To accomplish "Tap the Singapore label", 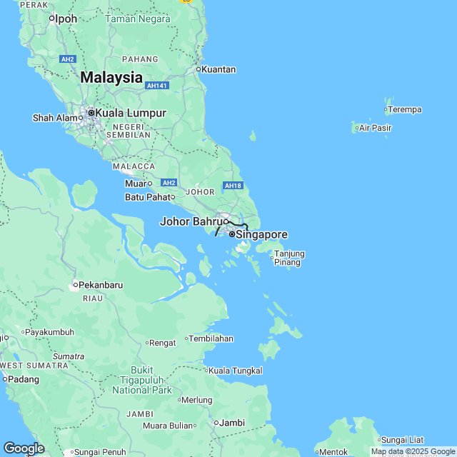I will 261,234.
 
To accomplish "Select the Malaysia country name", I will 111,78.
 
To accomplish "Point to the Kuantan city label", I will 219,69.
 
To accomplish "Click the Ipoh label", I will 66,19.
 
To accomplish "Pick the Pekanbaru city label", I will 100,285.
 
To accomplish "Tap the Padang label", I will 24,379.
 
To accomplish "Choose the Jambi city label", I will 232,423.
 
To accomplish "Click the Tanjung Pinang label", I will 289,258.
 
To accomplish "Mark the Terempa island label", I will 405,110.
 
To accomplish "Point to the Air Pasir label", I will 375,129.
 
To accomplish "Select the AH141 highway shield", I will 156,86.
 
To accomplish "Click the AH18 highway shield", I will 233,186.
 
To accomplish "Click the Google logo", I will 24,448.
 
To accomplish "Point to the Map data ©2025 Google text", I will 413,451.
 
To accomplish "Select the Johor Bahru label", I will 191,221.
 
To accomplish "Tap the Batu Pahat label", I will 148,197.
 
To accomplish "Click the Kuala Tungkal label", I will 236,371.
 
